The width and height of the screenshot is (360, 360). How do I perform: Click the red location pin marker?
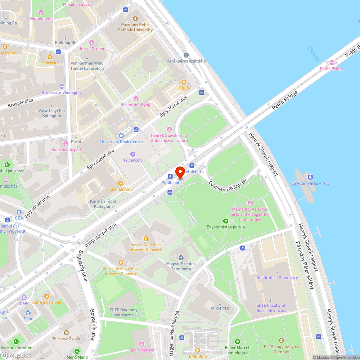[x=180, y=172]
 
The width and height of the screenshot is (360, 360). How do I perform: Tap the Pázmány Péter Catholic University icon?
[x=135, y=19]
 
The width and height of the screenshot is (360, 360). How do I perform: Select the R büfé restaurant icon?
[x=184, y=82]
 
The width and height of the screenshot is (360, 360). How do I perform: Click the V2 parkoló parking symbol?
[x=133, y=154]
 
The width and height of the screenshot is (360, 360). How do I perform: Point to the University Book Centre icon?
[x=121, y=136]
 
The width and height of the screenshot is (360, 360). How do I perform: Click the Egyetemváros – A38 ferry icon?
[x=310, y=177]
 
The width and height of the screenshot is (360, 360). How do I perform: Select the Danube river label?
[x=314, y=54]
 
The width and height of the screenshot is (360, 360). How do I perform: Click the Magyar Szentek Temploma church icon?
[x=181, y=258]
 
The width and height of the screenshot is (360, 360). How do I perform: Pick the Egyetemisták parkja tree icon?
[x=226, y=221]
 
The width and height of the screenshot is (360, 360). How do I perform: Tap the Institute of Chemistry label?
[x=278, y=278]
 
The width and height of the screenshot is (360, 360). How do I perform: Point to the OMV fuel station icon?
[x=24, y=298]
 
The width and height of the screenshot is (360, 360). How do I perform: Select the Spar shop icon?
[x=28, y=313]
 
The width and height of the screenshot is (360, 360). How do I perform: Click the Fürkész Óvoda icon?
[x=66, y=332]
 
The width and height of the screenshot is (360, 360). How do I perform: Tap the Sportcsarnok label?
[x=142, y=350]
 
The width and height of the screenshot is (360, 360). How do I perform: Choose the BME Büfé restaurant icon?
[x=197, y=350]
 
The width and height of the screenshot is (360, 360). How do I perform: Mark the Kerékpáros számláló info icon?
[x=186, y=55]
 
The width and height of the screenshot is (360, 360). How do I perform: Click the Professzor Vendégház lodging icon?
[x=62, y=86]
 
